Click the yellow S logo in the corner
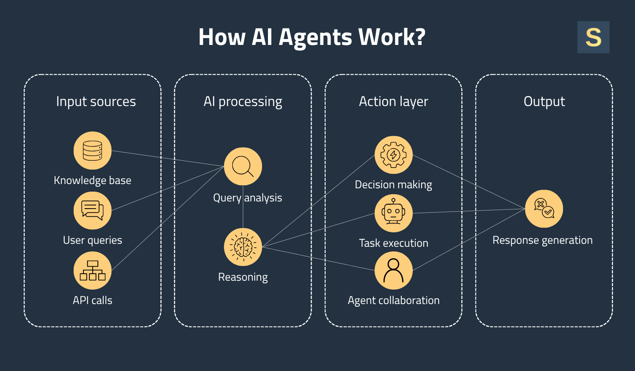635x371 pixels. point(593,37)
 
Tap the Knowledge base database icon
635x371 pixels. point(92,151)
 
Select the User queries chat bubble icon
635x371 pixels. point(92,211)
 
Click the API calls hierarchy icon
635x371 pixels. point(92,271)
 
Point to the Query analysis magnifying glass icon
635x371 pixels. point(243,166)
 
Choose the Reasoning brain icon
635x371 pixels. point(243,247)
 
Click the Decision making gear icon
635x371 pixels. point(393,155)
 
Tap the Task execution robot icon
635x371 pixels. point(393,213)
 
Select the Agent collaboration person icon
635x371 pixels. point(393,271)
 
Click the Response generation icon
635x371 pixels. point(544,209)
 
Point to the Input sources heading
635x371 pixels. point(96,102)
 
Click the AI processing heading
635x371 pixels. point(243,102)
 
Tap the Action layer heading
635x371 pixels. point(393,102)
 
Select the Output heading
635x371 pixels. point(544,102)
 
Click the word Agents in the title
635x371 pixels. point(315,37)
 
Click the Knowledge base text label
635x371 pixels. point(92,181)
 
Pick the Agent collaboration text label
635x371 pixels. point(393,301)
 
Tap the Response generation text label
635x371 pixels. point(542,240)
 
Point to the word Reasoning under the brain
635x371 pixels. point(243,277)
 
